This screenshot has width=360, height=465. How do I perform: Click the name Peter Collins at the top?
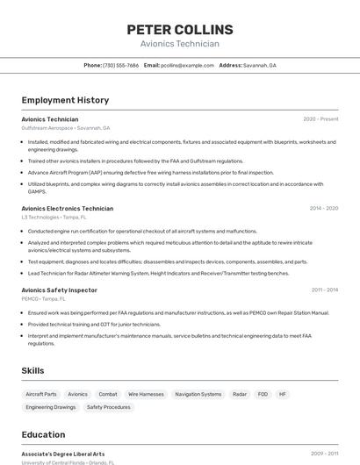point(179,29)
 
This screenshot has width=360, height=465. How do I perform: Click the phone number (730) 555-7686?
point(120,65)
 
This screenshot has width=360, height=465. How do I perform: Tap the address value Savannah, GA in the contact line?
point(259,65)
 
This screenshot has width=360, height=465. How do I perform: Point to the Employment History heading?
point(65,100)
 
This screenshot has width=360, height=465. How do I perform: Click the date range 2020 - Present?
point(320,119)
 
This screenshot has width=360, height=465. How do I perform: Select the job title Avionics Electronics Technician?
point(67,209)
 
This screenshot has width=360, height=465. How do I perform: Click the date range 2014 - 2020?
point(323,209)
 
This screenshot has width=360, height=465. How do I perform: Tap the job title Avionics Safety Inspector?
point(59,290)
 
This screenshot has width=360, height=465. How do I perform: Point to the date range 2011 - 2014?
point(324,290)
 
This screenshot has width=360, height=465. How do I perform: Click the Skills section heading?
point(32,370)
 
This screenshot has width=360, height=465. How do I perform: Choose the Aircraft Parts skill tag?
point(41,395)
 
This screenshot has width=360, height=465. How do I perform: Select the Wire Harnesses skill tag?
point(146,395)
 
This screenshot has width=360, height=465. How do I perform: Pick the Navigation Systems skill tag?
point(198,395)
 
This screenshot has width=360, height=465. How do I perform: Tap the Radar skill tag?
point(240,395)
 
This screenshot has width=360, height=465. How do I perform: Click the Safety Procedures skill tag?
point(108,407)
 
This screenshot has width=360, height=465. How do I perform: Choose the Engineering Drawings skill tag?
point(51,407)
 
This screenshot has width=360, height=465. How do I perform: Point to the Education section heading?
point(43,434)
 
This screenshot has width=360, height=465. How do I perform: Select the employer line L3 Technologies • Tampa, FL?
point(54,217)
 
